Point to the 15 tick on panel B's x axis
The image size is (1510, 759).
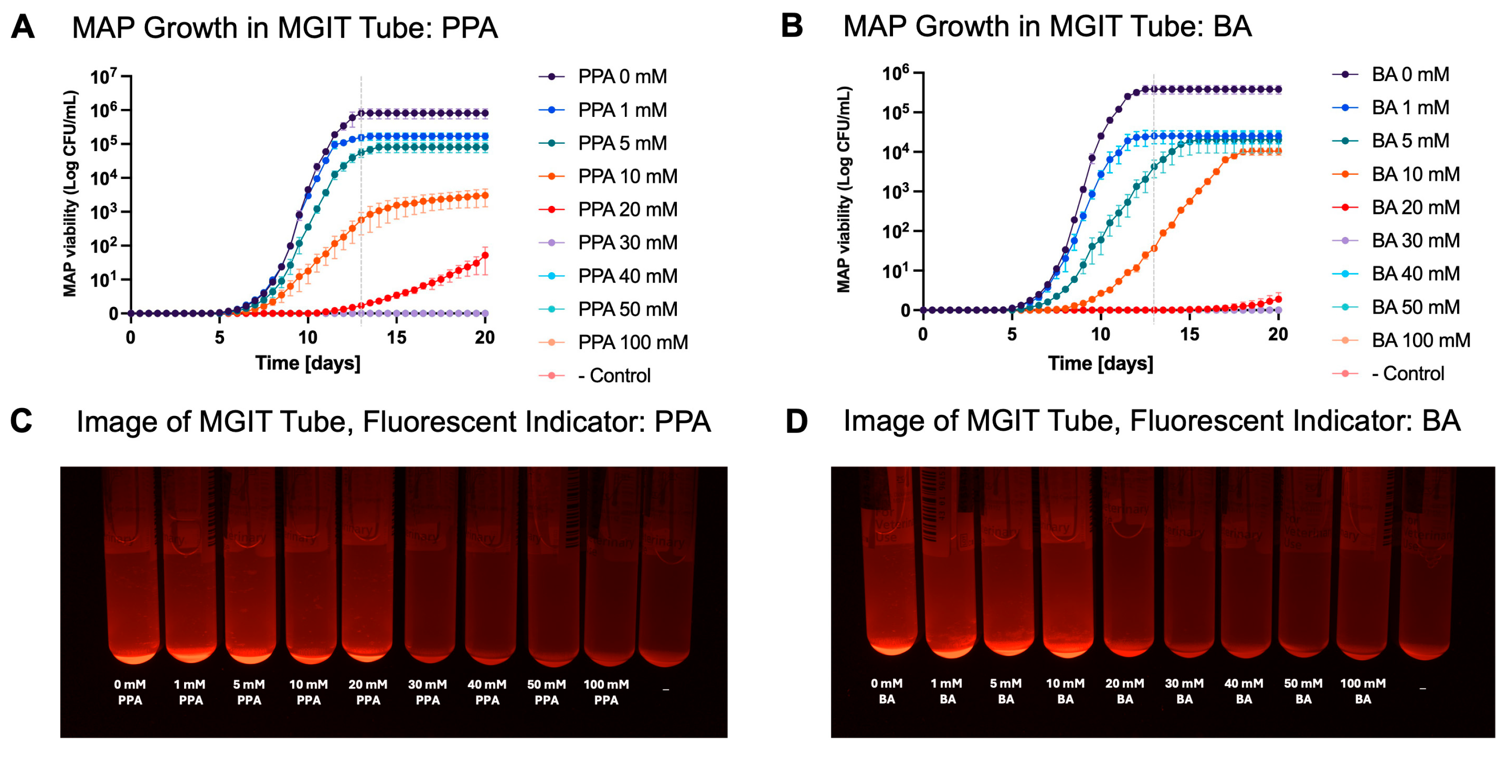1189,334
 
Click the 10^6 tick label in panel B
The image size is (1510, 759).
896,73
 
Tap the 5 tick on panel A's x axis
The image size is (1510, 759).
219,338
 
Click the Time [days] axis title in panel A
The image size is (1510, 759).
308,363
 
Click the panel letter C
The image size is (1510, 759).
22,421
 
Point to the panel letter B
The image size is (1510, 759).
792,26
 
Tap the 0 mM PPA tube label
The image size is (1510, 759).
130,692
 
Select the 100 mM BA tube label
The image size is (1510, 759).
1363,691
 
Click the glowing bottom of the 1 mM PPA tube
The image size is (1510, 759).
191,653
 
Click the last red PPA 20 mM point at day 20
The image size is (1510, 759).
485,255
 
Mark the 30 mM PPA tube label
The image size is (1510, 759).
427,692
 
